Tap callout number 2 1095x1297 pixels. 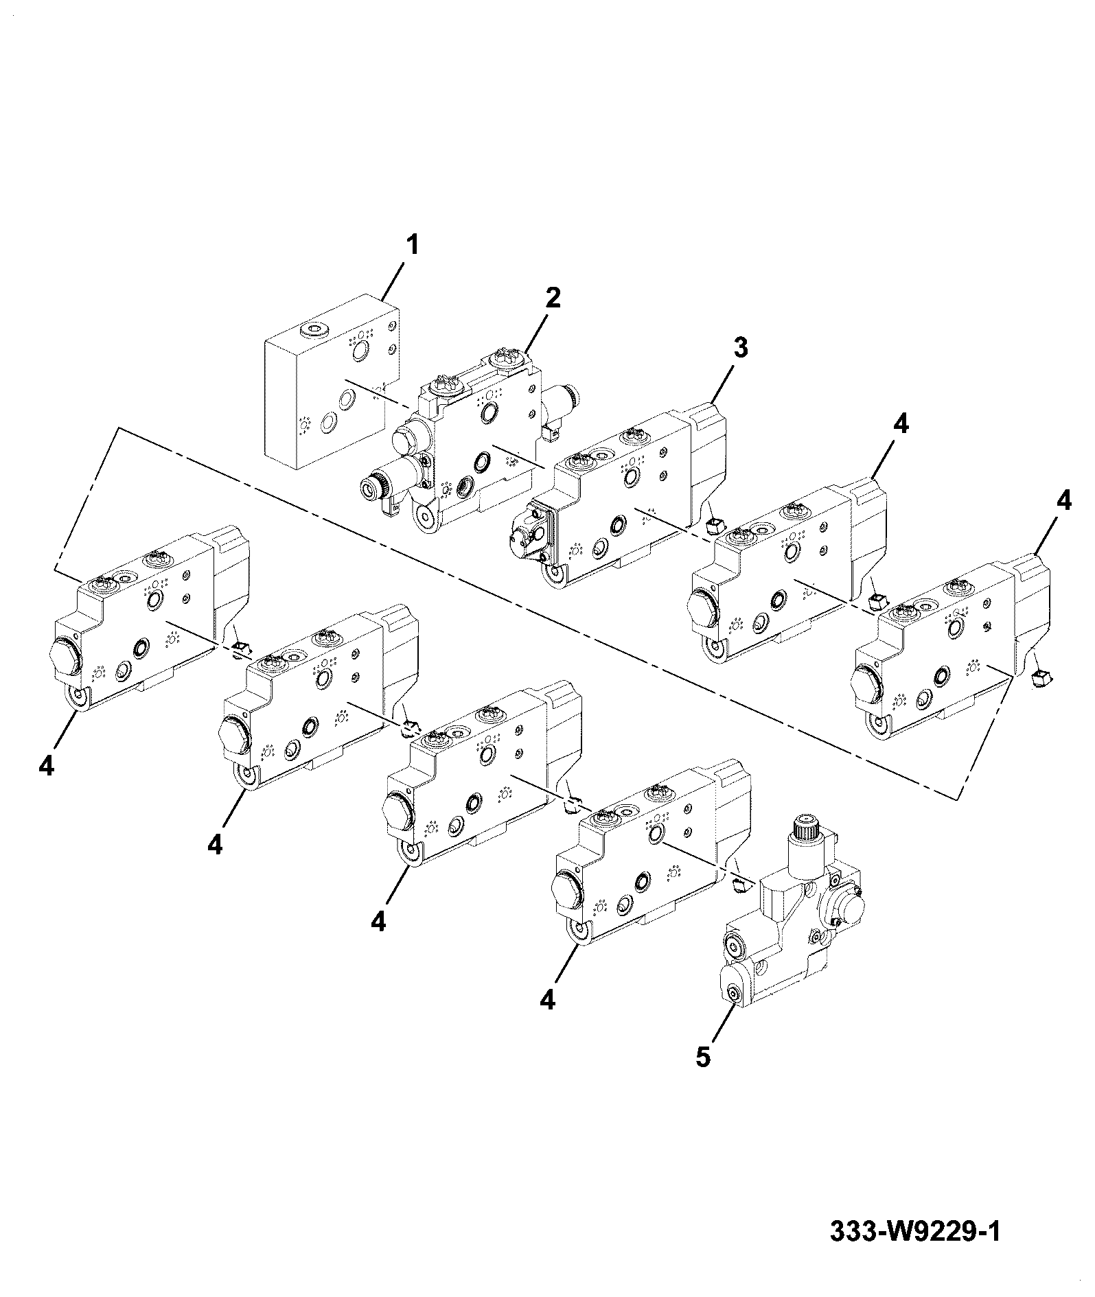[553, 298]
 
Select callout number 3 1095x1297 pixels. [740, 348]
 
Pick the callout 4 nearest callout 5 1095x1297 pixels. [547, 1001]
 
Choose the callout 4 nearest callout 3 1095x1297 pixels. [901, 425]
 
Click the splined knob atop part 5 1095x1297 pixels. [810, 830]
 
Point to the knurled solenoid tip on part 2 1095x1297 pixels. [371, 489]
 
